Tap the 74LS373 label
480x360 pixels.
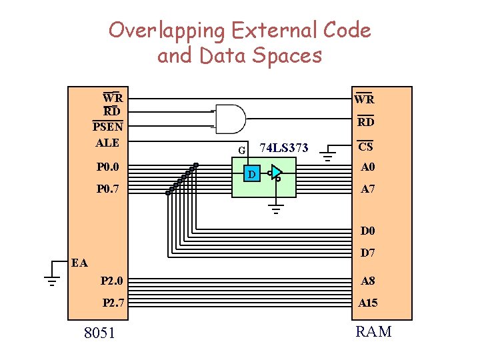283,148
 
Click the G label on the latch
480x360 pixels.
242,150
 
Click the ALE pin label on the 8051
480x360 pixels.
107,142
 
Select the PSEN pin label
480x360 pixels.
107,126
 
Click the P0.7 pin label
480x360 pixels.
107,189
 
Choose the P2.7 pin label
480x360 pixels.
113,303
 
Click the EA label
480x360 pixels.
80,263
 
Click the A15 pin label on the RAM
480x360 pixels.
368,303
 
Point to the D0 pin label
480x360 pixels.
368,231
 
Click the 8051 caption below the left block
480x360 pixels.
99,332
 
